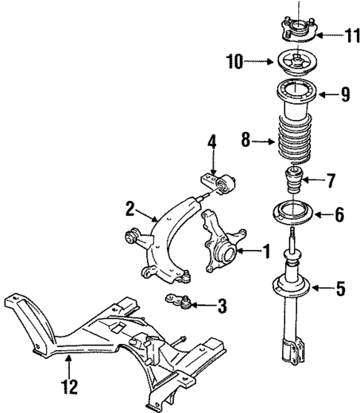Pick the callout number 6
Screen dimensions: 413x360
pos(339,216)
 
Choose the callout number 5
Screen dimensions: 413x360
pos(340,288)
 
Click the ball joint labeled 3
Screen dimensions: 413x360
pos(180,300)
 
